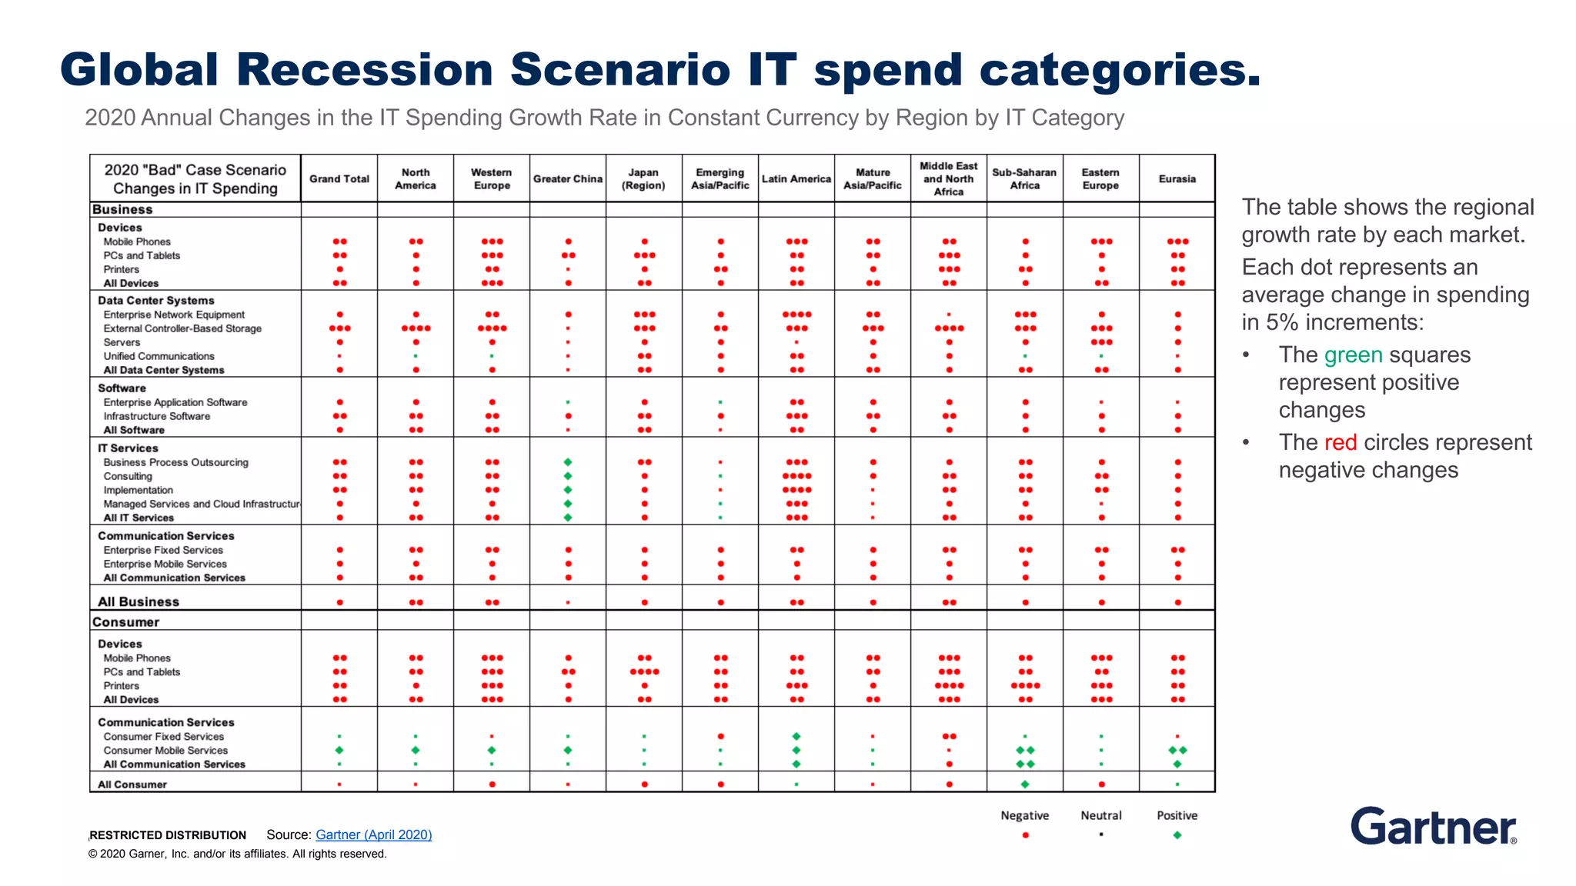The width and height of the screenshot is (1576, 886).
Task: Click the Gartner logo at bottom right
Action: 1433,827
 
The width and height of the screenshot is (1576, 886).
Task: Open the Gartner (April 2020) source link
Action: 373,834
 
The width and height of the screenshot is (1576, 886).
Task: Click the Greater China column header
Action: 568,179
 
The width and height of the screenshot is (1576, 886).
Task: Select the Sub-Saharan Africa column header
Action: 1024,179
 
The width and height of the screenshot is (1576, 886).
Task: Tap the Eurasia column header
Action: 1177,179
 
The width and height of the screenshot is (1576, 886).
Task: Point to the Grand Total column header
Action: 339,179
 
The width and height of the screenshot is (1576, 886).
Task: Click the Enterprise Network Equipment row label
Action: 174,315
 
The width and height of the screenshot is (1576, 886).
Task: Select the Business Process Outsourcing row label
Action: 175,462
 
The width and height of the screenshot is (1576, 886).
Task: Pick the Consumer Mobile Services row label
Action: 165,751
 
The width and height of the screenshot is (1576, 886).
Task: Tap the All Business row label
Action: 139,601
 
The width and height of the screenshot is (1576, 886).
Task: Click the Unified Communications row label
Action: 159,356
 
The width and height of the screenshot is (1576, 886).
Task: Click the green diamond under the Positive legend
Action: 1177,835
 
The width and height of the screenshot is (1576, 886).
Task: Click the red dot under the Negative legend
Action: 1025,835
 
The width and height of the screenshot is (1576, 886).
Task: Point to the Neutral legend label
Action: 1100,815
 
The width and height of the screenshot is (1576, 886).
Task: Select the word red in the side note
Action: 1340,443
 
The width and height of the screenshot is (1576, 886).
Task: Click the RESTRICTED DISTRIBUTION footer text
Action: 168,835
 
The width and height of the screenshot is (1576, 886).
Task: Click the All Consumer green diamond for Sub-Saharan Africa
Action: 1025,784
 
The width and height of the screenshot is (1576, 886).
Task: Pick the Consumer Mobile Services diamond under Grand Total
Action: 339,750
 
